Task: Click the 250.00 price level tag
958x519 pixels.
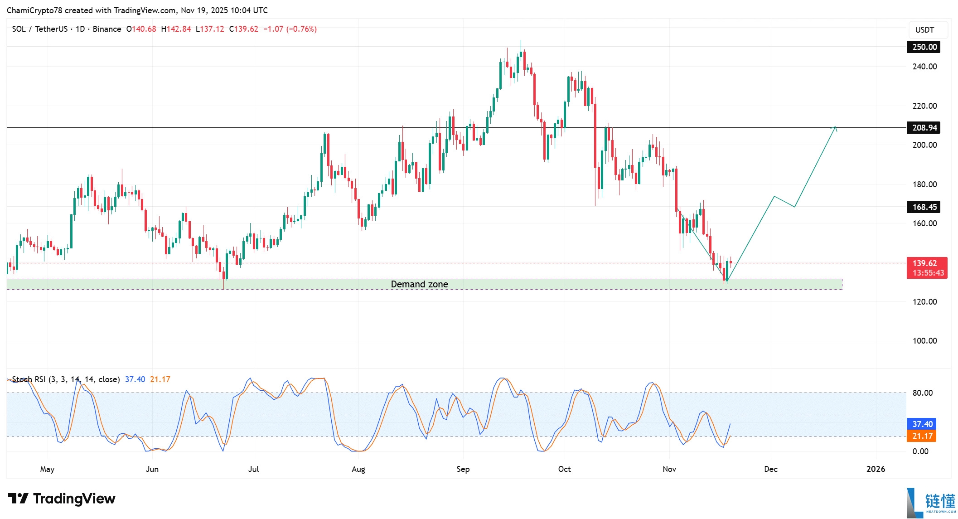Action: tap(924, 47)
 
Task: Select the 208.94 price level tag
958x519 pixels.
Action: tap(924, 128)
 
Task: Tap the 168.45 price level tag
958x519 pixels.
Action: tap(924, 207)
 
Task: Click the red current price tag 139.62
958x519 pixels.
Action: tap(926, 263)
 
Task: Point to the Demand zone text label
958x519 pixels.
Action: tap(419, 284)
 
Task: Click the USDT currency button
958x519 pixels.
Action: tap(924, 30)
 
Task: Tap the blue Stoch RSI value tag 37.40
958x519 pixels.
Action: tap(922, 424)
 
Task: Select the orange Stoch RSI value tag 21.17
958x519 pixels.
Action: tap(922, 436)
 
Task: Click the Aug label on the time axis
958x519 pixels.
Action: tap(358, 469)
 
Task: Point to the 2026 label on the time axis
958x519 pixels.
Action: tap(876, 469)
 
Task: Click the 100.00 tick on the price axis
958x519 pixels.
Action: tap(924, 341)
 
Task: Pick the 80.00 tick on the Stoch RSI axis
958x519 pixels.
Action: tap(922, 393)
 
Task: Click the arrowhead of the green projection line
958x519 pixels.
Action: tap(835, 128)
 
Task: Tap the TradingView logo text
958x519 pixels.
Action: tap(74, 499)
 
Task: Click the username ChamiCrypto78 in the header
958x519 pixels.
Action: tap(34, 10)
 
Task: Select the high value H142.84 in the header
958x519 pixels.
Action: tap(176, 29)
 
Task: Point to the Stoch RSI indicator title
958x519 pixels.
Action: tap(66, 379)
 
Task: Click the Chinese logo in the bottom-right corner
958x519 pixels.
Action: tap(934, 502)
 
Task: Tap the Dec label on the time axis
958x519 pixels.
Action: tap(770, 469)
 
